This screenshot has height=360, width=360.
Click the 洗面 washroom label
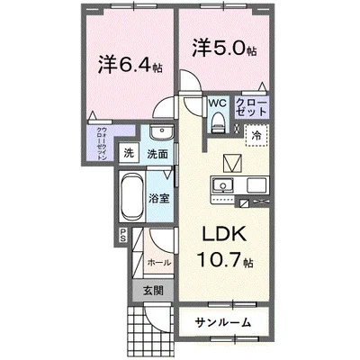159,154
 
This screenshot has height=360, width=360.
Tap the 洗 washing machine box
129,154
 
